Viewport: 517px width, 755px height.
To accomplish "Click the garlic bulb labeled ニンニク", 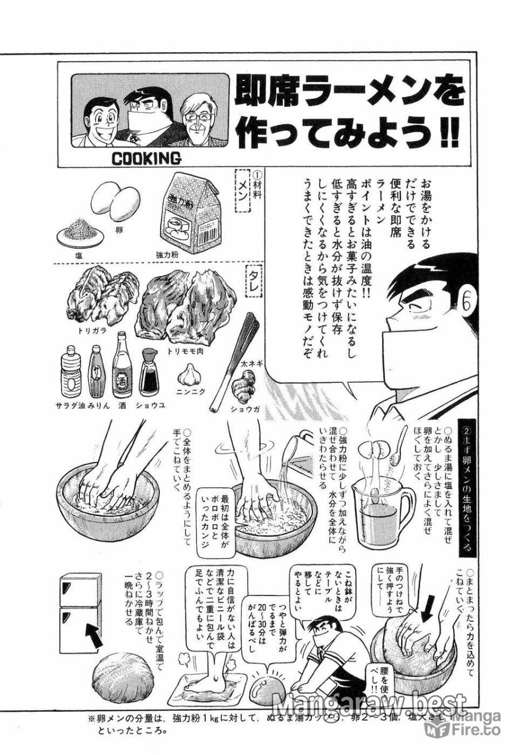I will coord(187,375).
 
